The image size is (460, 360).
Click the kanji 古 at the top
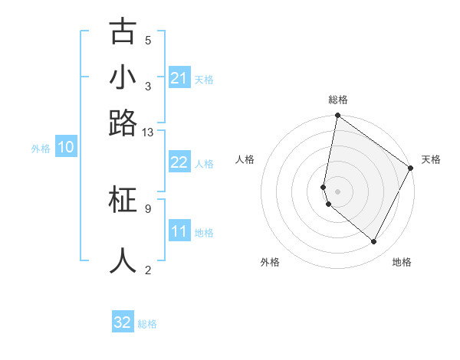123,32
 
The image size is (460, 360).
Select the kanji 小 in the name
123,77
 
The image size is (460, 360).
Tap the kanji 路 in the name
123,123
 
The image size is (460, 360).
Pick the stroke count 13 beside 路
148,132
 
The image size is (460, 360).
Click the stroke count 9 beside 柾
148,208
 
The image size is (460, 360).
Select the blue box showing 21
179,78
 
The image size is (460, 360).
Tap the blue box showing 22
179,162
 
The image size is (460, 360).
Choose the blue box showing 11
179,231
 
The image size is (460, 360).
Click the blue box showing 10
66,148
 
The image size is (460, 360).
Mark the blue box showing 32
123,322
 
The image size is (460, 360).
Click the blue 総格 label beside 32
147,324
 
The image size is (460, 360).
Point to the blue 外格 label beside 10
41,149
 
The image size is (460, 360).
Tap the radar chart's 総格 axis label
338,100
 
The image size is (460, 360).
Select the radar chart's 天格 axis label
431,159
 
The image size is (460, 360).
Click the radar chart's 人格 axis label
245,159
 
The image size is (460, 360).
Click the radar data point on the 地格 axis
374,242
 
